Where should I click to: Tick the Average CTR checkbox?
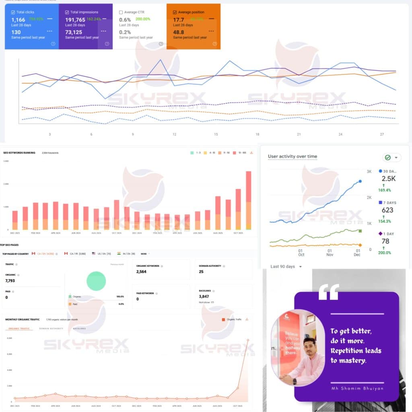[121, 12]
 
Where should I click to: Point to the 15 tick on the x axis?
[216, 134]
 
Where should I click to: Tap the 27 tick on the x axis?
[382, 134]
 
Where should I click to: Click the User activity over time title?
[293, 157]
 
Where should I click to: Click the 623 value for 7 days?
[387, 210]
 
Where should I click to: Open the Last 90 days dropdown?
[286, 266]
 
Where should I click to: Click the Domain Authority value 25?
[201, 272]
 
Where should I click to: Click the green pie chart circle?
[96, 281]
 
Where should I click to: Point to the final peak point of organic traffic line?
[248, 340]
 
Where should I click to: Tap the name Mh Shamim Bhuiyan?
[357, 388]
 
